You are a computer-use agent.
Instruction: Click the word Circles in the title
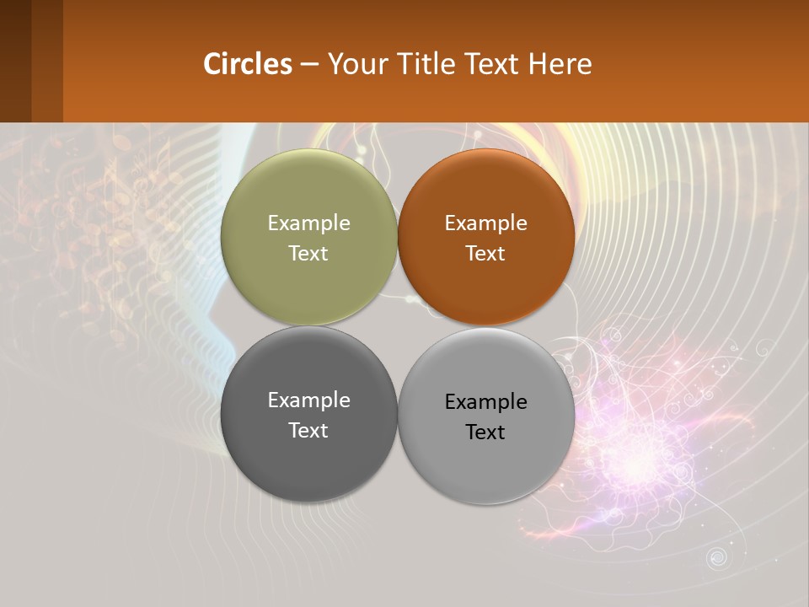(248, 64)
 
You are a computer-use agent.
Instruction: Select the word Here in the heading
(560, 64)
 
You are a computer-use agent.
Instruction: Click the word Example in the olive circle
(308, 223)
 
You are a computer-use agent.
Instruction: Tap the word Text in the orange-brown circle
(485, 254)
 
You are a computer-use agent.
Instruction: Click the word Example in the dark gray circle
(308, 400)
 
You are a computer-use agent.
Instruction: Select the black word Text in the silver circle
(485, 432)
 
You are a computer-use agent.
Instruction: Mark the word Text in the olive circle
(308, 254)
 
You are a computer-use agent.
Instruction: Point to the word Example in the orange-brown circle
(485, 223)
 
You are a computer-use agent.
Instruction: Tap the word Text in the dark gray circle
(308, 431)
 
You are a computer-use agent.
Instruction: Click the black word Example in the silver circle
(485, 402)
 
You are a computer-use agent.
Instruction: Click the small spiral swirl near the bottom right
(717, 556)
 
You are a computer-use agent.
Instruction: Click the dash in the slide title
(309, 65)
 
